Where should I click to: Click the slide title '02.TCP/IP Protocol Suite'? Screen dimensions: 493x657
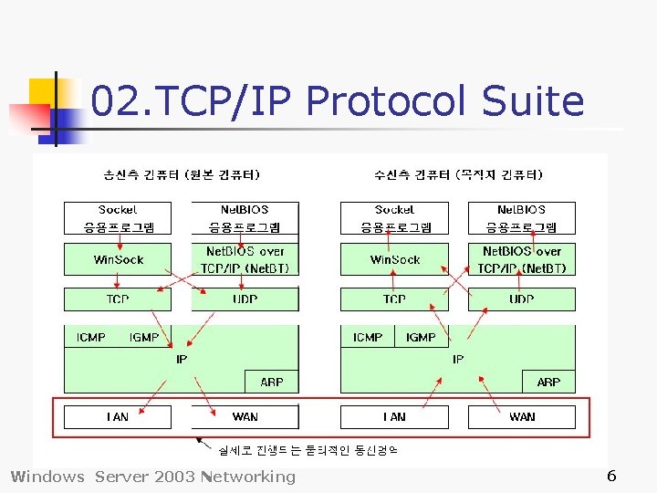tap(338, 100)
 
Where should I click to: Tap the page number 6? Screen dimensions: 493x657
tap(611, 476)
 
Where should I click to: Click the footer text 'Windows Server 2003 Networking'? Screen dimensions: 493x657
tap(152, 476)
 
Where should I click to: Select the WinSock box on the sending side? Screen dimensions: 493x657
tap(118, 259)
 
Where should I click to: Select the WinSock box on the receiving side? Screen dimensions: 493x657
tap(394, 259)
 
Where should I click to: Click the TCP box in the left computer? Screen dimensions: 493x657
tap(118, 299)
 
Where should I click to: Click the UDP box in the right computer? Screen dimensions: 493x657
tap(522, 299)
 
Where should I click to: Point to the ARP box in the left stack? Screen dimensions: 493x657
tap(272, 382)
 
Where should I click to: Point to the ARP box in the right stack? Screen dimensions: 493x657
tap(548, 382)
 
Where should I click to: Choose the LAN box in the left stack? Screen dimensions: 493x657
tap(118, 417)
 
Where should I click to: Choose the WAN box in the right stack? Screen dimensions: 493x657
tap(522, 417)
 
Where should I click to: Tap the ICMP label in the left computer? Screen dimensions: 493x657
tap(90, 338)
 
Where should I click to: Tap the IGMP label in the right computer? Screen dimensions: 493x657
tap(421, 338)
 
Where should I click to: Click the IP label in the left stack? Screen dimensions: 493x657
tap(182, 360)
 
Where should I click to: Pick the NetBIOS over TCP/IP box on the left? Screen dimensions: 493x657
tap(245, 259)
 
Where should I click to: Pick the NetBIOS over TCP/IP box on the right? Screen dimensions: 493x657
tap(522, 259)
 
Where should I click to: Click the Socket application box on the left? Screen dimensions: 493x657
tap(118, 218)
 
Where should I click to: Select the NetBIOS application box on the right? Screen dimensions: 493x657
tap(522, 218)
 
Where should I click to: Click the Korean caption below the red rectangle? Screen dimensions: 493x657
tap(308, 449)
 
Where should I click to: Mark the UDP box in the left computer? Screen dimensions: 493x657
tap(245, 299)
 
